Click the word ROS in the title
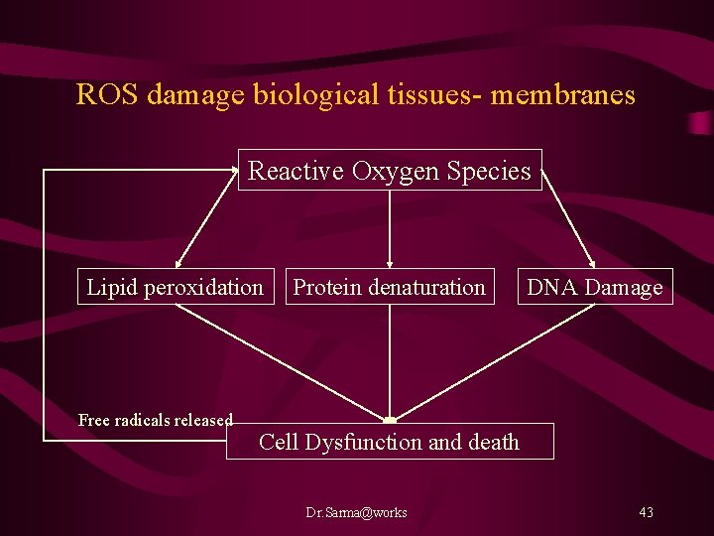click(x=103, y=95)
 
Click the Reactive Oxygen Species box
click(x=390, y=171)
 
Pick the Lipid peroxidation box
click(x=176, y=287)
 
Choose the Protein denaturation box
click(x=390, y=287)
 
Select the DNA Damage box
click(x=595, y=287)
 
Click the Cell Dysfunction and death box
click(x=390, y=442)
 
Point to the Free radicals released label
click(x=156, y=420)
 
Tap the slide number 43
click(x=646, y=512)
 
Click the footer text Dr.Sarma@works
click(x=356, y=512)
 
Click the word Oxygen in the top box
click(x=395, y=171)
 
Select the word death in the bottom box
click(x=493, y=442)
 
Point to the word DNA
click(x=548, y=287)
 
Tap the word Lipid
click(x=112, y=287)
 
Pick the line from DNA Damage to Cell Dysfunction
click(x=496, y=361)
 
